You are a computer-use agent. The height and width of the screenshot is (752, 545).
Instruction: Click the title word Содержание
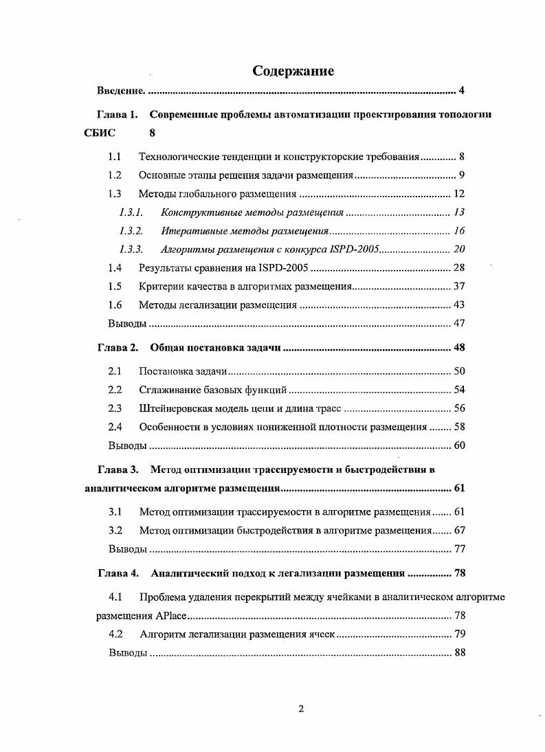click(x=293, y=71)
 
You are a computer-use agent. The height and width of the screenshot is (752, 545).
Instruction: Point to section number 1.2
click(x=115, y=175)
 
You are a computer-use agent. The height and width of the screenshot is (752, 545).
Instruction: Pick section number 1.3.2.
click(x=131, y=230)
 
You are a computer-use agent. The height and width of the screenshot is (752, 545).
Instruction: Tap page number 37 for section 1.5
click(x=459, y=286)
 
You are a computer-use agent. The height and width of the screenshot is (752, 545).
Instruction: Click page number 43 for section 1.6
click(x=459, y=305)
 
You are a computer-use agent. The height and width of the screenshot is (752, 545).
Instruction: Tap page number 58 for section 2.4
click(x=459, y=427)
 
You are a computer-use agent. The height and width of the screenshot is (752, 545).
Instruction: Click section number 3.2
click(x=115, y=531)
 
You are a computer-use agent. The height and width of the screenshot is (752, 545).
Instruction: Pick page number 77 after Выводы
click(x=459, y=549)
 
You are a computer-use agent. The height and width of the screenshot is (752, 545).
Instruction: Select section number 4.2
click(x=115, y=634)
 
